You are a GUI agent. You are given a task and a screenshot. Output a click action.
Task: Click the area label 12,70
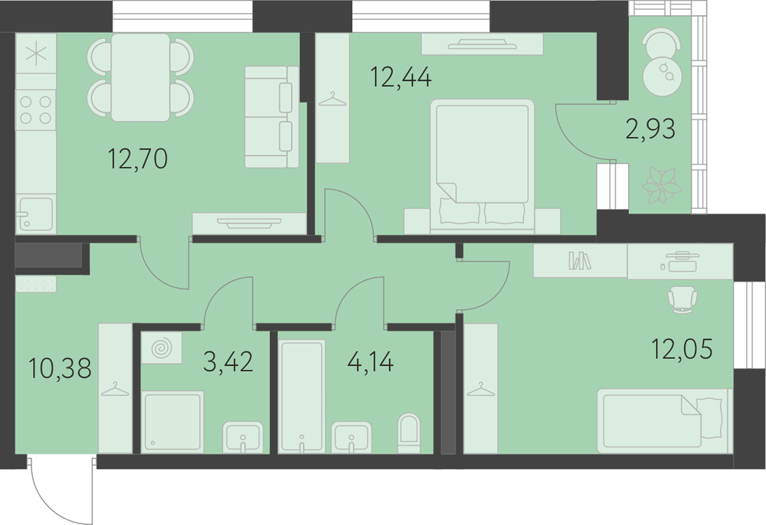point(138,158)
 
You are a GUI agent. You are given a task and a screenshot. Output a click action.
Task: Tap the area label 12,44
point(401,77)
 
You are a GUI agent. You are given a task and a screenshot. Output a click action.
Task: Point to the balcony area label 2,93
point(650,129)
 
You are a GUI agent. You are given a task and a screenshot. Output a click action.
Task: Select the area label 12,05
point(682,348)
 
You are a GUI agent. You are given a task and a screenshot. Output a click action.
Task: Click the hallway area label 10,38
point(60,368)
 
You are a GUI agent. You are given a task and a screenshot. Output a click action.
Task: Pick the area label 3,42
point(228,361)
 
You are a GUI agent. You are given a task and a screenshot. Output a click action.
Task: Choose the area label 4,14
point(370,362)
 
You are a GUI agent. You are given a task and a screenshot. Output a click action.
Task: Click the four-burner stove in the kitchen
point(36,109)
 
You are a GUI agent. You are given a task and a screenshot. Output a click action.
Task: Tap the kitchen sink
point(36,214)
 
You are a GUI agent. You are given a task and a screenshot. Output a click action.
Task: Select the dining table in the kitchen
point(140,77)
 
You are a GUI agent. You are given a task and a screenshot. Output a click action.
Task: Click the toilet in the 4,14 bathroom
point(409,433)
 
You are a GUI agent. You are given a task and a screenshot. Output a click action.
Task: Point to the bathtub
point(302,396)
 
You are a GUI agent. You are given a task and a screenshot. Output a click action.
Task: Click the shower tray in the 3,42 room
point(172,421)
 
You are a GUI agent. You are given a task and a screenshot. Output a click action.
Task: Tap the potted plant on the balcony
point(662,186)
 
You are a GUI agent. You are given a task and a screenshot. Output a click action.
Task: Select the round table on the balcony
point(662,77)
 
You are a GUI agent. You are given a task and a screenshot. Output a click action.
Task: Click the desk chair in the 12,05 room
point(683,299)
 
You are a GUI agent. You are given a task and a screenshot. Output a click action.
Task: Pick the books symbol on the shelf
point(579,260)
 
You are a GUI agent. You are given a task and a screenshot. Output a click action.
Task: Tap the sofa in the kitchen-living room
point(272,117)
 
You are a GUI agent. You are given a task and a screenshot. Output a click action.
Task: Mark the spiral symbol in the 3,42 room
point(162,348)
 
